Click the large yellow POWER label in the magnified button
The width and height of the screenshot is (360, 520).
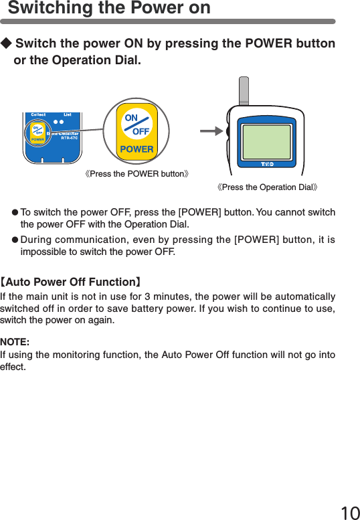[x=137, y=149]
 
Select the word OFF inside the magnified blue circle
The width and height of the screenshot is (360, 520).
[x=141, y=131]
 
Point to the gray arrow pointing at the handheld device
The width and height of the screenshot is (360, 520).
[x=211, y=132]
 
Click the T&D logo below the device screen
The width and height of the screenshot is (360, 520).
[x=267, y=164]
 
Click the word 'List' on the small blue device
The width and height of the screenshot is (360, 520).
[x=68, y=115]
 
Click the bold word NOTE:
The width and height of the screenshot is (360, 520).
[x=14, y=342]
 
